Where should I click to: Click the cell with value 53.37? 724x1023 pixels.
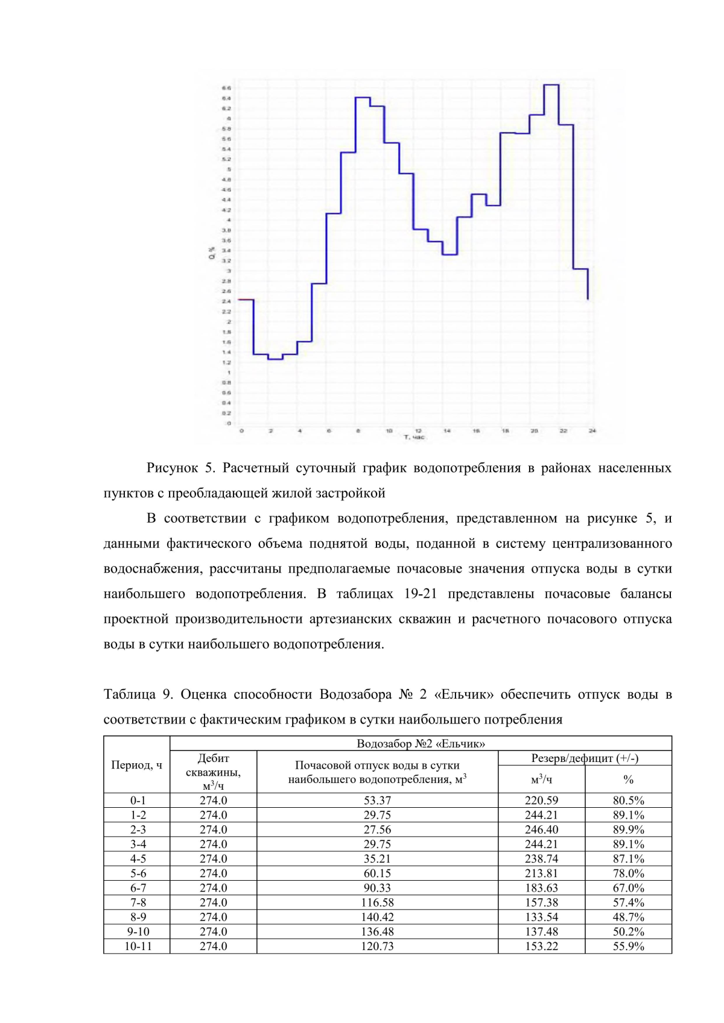(377, 801)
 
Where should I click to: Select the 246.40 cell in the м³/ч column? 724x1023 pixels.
(541, 829)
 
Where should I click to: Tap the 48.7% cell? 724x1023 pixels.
(628, 917)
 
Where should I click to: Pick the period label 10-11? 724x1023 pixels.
(138, 946)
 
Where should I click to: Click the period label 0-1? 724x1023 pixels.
(138, 801)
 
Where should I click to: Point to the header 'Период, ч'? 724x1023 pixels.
(136, 765)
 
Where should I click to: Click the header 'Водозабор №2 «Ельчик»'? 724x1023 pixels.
(421, 743)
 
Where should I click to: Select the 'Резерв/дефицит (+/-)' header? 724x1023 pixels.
(584, 758)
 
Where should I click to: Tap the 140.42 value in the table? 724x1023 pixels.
(377, 917)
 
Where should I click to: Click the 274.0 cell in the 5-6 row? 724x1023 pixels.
(213, 873)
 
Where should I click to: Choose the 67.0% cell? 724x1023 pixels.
(628, 888)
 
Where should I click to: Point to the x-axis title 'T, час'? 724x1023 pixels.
(414, 437)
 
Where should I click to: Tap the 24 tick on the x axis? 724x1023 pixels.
(592, 431)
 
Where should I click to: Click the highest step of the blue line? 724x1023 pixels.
(551, 85)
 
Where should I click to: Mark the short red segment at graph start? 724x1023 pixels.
(246, 300)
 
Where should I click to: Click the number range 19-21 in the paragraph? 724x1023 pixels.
(420, 594)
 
